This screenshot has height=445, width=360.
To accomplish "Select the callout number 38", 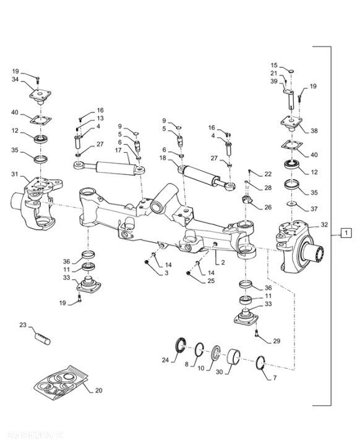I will tap(314, 131).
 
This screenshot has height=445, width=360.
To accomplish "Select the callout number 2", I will tap(223, 263).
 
